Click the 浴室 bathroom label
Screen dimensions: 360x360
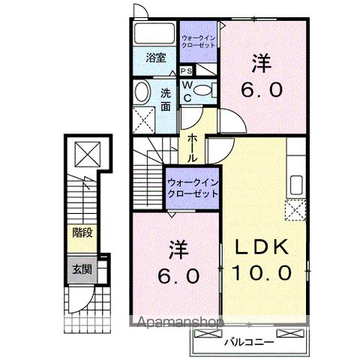[155, 58]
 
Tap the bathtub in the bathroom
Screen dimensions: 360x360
[155, 34]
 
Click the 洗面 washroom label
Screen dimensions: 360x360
[166, 99]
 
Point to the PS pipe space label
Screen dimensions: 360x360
[185, 70]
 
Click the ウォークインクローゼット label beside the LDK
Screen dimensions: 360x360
[192, 187]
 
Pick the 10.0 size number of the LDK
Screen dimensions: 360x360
[265, 274]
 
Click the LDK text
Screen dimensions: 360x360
[264, 248]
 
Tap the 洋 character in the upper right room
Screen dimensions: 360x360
[262, 65]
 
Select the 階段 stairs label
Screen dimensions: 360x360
[82, 233]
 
